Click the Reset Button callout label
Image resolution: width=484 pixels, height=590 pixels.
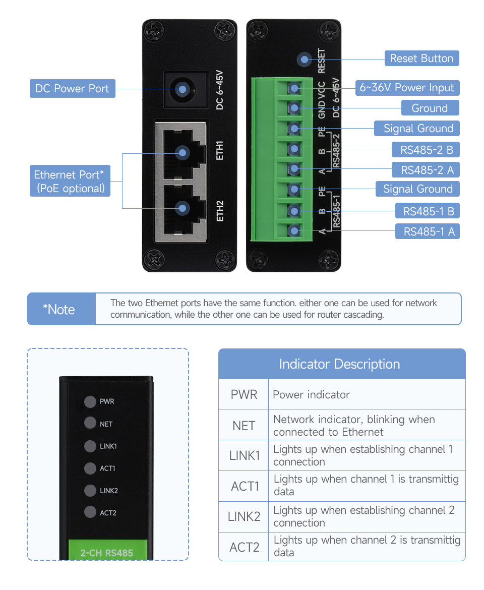pos(421,58)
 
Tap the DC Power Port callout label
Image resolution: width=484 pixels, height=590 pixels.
pos(72,89)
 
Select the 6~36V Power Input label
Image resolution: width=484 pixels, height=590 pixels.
pos(406,88)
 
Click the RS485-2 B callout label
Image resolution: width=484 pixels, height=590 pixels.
pos(427,149)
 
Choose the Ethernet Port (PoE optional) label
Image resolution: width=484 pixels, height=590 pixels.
pos(70,182)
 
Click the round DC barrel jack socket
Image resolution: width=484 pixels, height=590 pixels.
pos(183,90)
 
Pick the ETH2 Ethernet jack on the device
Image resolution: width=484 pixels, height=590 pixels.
pos(183,208)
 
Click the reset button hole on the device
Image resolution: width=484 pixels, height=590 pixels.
pos(304,60)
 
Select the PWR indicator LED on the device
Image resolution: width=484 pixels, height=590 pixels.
pos(90,402)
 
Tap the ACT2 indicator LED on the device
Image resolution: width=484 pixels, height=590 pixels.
pos(90,512)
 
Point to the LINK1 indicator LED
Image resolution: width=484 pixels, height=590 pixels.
pos(90,446)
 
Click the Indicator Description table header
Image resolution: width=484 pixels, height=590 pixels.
pos(341,364)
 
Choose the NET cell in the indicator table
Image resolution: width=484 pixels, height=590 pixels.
pos(244,426)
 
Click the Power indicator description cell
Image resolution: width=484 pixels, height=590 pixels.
pos(367,394)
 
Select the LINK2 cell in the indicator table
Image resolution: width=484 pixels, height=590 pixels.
pos(244,516)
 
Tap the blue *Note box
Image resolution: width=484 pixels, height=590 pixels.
pos(61,309)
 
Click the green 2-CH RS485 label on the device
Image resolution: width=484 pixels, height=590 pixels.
pos(107,553)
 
